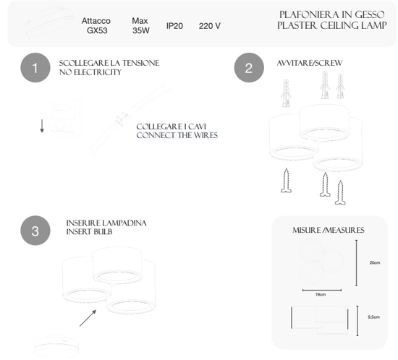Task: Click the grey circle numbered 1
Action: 35,68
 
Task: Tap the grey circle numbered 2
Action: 249,68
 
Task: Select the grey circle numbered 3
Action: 35,231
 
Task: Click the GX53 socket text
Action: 97,30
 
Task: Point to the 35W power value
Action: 141,30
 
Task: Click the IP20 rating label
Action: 174,26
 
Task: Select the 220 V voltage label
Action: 209,26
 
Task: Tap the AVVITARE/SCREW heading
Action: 310,63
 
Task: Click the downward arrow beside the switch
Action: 42,126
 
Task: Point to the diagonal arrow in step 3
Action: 88,318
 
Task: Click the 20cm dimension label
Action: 375,262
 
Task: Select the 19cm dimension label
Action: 321,295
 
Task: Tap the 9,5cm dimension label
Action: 373,317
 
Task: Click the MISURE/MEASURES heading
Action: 329,230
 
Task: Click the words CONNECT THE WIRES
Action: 177,135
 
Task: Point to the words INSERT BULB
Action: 89,232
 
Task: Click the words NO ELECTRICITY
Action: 90,72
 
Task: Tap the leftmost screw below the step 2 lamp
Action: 286,181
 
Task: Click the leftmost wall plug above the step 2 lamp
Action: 286,93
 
